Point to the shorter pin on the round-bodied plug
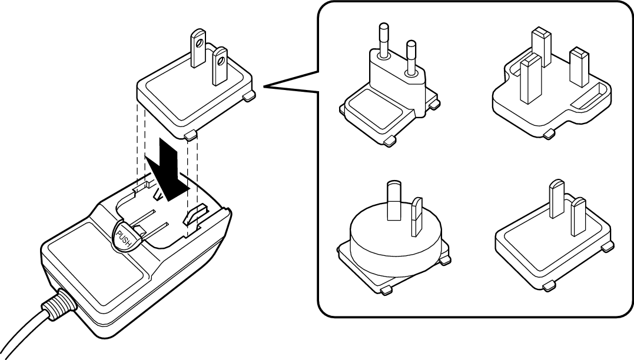tap(416, 214)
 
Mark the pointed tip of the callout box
tap(265, 87)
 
